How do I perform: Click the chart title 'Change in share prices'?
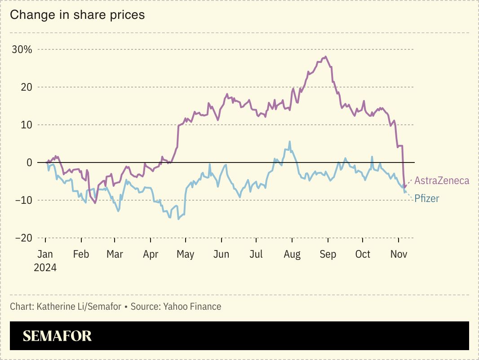[x=77, y=15]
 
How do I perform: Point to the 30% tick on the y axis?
[x=22, y=49]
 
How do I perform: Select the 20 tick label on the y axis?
[x=27, y=87]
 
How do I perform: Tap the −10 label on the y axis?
[x=23, y=200]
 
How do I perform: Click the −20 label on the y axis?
[x=23, y=238]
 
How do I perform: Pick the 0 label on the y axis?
[x=29, y=162]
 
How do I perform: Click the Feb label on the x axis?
[x=81, y=255]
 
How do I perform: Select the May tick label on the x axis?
[x=185, y=255]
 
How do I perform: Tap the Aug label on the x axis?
[x=292, y=255]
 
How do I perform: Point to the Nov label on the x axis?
[x=399, y=255]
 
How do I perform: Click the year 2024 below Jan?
[x=45, y=268]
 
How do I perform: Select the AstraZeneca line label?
[x=442, y=181]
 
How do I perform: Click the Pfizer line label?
[x=426, y=198]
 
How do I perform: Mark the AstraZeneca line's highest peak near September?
[x=325, y=57]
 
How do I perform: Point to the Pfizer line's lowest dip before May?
[x=178, y=219]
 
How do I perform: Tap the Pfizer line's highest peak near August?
[x=289, y=141]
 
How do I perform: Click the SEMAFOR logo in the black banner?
[x=57, y=336]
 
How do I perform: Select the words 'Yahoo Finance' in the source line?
[x=192, y=307]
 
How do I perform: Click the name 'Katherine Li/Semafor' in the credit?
[x=79, y=307]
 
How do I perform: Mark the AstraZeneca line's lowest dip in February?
[x=95, y=203]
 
